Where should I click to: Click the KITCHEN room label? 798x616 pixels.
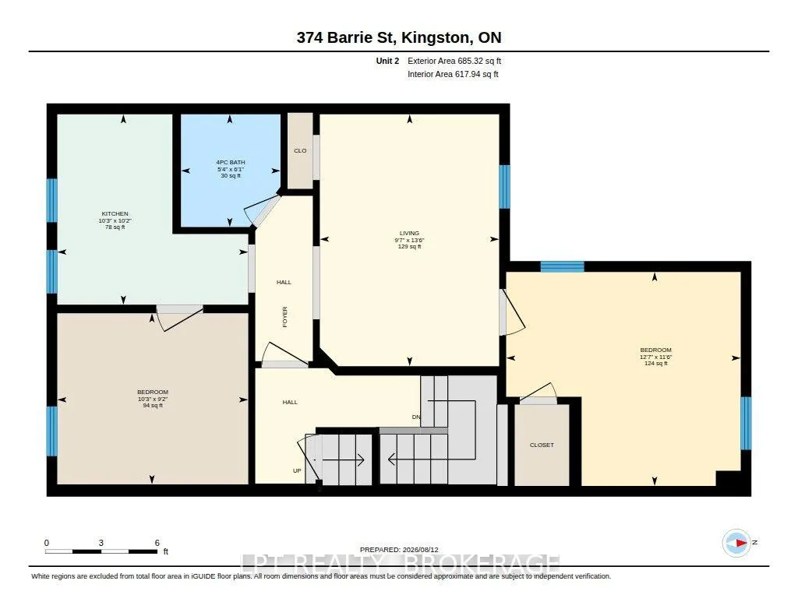115,213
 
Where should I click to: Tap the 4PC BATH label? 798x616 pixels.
231,162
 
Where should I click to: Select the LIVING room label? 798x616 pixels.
409,233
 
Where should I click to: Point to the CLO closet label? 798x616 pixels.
300,150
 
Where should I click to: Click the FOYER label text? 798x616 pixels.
285,316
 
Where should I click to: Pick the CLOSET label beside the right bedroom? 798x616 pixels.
542,445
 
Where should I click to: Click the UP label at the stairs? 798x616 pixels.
297,471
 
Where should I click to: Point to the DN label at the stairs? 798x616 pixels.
416,417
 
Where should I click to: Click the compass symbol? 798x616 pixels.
736,543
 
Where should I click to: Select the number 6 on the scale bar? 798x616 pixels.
157,543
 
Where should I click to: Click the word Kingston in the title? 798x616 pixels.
436,37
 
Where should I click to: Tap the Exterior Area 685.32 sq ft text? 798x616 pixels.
454,61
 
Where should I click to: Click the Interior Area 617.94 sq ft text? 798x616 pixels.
453,74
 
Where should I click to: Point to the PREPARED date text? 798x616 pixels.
399,550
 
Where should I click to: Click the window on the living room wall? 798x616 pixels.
504,187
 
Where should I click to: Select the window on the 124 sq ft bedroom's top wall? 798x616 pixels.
562,266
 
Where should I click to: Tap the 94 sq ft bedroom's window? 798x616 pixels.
52,431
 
